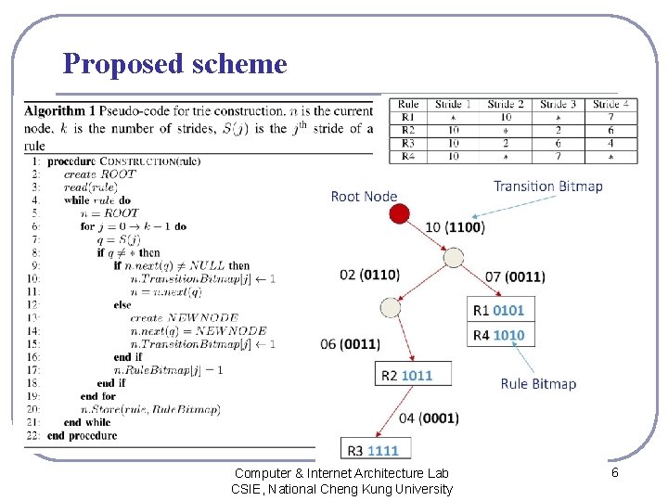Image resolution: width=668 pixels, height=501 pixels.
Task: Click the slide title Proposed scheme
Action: (x=174, y=64)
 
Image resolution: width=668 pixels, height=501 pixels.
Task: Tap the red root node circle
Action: (x=399, y=214)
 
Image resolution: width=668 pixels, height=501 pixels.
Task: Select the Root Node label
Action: (x=364, y=196)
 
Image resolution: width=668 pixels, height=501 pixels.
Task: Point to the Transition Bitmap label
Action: (x=547, y=186)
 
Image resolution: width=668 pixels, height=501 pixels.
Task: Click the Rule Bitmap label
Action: (x=538, y=383)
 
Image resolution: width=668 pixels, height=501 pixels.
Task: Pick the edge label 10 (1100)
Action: (x=454, y=227)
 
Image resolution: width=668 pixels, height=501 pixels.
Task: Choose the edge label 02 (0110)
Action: (x=369, y=276)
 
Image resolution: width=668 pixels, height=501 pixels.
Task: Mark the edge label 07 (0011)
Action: (x=515, y=276)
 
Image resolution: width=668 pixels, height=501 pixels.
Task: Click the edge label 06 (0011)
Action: (x=350, y=344)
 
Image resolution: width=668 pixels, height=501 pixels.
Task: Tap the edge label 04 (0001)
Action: (x=429, y=418)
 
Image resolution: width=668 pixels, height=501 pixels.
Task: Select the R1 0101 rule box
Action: (x=498, y=310)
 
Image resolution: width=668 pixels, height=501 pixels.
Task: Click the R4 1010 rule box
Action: (x=498, y=335)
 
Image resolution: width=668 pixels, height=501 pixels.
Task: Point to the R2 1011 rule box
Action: (x=406, y=375)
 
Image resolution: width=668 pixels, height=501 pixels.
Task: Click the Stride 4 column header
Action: (x=611, y=105)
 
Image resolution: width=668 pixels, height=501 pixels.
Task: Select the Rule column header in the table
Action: (x=408, y=105)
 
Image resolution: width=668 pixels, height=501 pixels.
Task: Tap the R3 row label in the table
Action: (x=408, y=144)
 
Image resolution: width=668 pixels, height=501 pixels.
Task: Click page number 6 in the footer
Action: (x=614, y=473)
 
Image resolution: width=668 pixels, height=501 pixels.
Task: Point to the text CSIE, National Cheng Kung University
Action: (x=341, y=489)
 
